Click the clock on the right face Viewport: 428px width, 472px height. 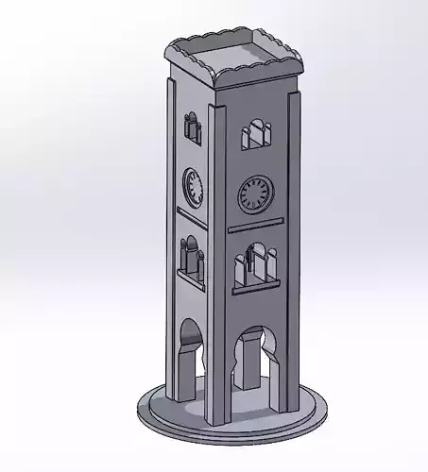256,194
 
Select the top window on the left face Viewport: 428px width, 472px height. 191,126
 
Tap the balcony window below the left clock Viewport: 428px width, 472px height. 192,257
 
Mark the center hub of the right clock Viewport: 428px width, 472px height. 256,194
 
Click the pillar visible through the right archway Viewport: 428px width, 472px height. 248,366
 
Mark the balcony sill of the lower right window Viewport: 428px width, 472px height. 257,284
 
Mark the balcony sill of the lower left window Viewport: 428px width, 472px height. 193,278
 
